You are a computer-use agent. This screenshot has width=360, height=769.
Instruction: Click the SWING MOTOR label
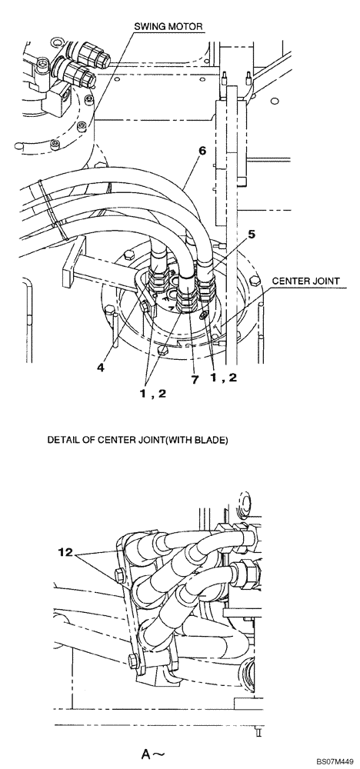168,26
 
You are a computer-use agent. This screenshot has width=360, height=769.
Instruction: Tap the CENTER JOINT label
306,281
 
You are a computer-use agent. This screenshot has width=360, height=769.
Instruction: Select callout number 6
202,151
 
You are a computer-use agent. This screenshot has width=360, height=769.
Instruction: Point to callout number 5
251,234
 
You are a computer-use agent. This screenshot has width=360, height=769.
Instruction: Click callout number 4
100,367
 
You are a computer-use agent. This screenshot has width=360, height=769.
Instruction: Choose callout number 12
65,553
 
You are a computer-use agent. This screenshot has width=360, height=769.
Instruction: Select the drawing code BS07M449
335,761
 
